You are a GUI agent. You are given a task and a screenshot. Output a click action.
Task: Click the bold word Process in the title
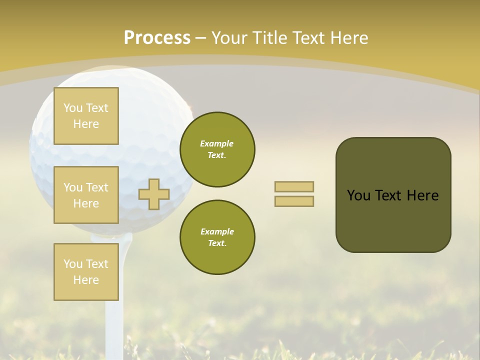coord(157,38)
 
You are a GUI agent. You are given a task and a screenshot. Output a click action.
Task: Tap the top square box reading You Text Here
coord(86,116)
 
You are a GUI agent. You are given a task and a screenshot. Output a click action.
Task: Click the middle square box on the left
coord(86,195)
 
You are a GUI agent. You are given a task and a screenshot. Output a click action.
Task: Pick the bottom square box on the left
coord(86,271)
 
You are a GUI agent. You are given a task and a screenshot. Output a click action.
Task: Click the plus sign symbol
coord(154,194)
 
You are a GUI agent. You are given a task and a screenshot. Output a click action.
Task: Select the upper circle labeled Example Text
coord(217,149)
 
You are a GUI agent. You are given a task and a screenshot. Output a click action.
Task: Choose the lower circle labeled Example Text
coord(217,237)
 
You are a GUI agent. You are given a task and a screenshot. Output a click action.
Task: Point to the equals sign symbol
coord(294,194)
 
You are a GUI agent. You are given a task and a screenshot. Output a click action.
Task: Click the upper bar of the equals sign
coord(294,186)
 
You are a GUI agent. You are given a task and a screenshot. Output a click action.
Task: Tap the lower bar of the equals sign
coord(294,201)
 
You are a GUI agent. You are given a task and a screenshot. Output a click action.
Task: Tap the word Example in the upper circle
coord(217,143)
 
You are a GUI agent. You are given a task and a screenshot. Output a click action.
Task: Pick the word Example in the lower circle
coord(217,231)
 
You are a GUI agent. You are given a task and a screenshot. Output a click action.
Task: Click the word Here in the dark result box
coord(423,195)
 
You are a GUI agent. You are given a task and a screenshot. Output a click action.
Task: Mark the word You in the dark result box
coord(358,195)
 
